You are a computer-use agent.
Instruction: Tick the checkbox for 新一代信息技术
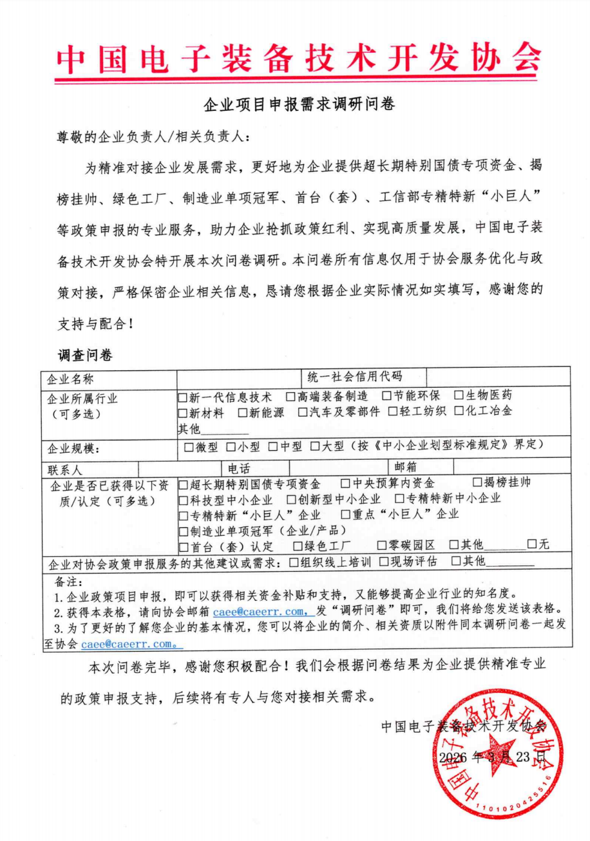pos(183,396)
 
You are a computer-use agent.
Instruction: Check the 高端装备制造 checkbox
pos(291,396)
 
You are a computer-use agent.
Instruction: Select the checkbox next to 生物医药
pos(459,396)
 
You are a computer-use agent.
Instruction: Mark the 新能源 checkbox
pos(243,413)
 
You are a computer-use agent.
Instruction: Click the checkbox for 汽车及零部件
pos(303,413)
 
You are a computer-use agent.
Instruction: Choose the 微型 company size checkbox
pos(189,446)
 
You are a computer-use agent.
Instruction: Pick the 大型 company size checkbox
pos(315,446)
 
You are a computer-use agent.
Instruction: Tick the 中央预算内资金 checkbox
pos(345,483)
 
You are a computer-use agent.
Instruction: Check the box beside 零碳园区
pos(382,545)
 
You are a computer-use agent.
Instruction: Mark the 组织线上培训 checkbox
pos(294,562)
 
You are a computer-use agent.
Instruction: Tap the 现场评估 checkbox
pos(384,562)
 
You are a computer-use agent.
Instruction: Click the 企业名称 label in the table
pos(70,379)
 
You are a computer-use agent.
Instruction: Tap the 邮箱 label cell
pos(404,467)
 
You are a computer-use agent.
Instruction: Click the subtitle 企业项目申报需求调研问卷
pos(298,104)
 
